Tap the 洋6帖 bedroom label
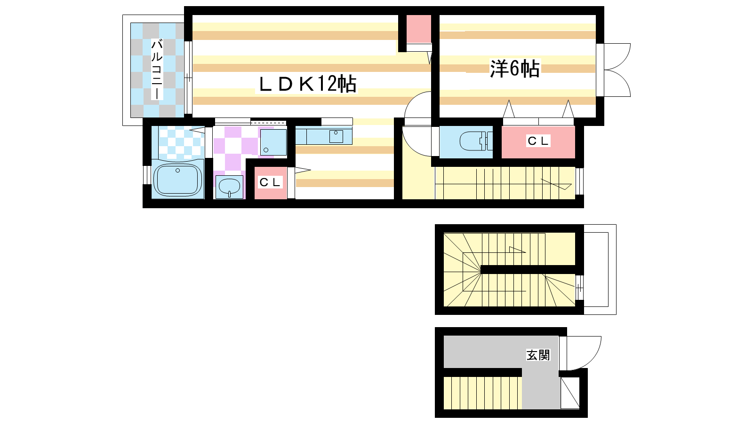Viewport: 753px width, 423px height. pos(515,69)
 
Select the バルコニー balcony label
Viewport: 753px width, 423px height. pos(157,70)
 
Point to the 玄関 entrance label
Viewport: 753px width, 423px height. pos(538,355)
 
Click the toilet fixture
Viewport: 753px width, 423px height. pos(476,141)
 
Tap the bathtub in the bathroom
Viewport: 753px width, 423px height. pos(177,179)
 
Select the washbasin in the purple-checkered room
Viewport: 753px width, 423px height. pos(229,187)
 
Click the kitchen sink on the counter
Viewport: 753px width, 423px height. pos(336,136)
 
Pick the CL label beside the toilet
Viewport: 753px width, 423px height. pos(538,141)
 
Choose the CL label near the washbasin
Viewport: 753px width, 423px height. pos(270,182)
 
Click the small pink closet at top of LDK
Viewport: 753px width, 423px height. pos(419,29)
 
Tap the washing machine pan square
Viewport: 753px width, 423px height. pos(273,142)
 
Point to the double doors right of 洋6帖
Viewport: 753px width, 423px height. pos(617,70)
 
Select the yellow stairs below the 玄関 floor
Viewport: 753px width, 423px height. pos(483,393)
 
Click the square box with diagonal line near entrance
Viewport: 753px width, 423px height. pos(570,393)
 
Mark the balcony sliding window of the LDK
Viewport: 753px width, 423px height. pos(188,78)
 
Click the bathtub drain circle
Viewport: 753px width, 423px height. pos(177,171)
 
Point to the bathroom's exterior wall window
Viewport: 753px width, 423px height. pos(147,175)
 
